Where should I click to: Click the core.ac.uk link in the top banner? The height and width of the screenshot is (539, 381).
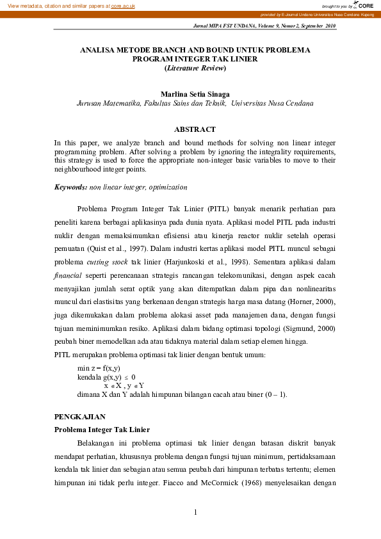(x=123, y=5)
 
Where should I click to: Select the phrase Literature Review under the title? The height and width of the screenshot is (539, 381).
(x=195, y=67)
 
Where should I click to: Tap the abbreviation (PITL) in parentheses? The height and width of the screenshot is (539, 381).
(x=216, y=209)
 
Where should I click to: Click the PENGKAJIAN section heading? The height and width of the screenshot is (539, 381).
(x=79, y=416)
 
